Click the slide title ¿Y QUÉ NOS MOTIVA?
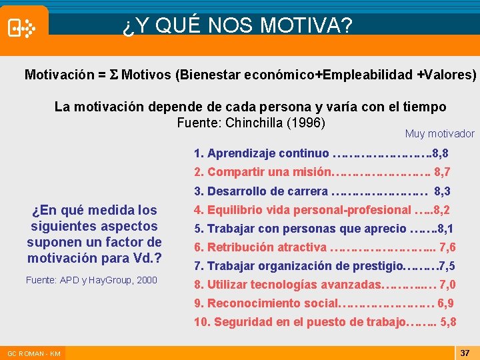pyautogui.click(x=237, y=26)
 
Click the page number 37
pyautogui.click(x=465, y=353)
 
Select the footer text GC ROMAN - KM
pyautogui.click(x=34, y=353)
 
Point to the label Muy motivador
pyautogui.click(x=439, y=134)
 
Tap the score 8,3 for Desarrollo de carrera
pyautogui.click(x=442, y=191)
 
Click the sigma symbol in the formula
pyautogui.click(x=113, y=75)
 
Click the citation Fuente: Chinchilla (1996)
pyautogui.click(x=251, y=123)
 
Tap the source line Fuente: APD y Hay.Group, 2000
pyautogui.click(x=91, y=280)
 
